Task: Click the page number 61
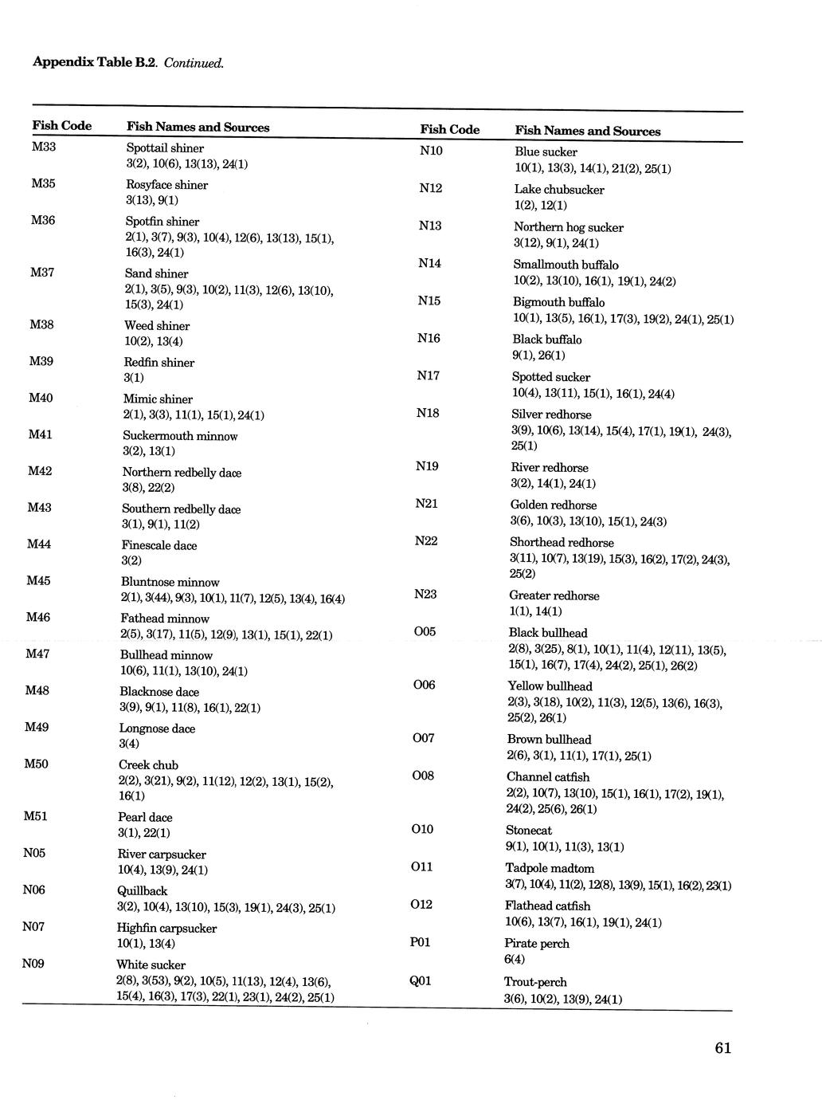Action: (722, 1048)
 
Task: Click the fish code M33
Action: (44, 147)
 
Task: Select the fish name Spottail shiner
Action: (165, 148)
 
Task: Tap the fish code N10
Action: (431, 151)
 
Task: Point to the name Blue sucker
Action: (546, 152)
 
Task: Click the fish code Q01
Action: (420, 980)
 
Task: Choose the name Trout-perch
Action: (535, 982)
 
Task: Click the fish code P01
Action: (420, 942)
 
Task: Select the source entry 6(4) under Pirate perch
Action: (515, 960)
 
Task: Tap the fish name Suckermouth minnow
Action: (180, 436)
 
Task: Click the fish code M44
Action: (39, 544)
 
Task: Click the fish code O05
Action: (425, 631)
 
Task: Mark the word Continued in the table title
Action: (194, 62)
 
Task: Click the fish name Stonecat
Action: (529, 831)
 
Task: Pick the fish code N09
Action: (33, 964)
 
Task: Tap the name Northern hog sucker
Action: (568, 227)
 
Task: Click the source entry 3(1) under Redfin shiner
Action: (134, 378)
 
